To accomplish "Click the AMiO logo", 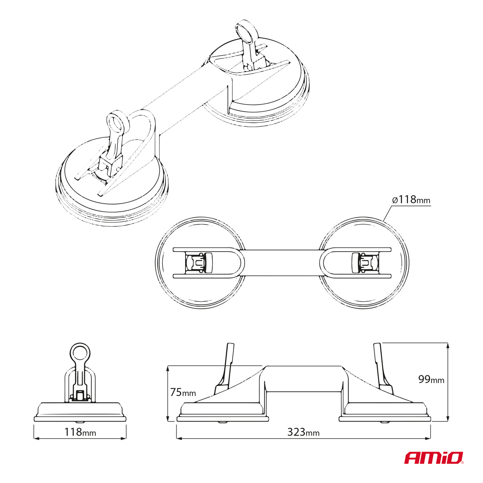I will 434,457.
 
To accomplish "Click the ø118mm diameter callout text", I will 410,200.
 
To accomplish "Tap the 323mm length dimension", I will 303,432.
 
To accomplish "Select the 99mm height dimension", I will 431,379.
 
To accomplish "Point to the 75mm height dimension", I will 183,392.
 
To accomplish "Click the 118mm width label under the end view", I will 80,432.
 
